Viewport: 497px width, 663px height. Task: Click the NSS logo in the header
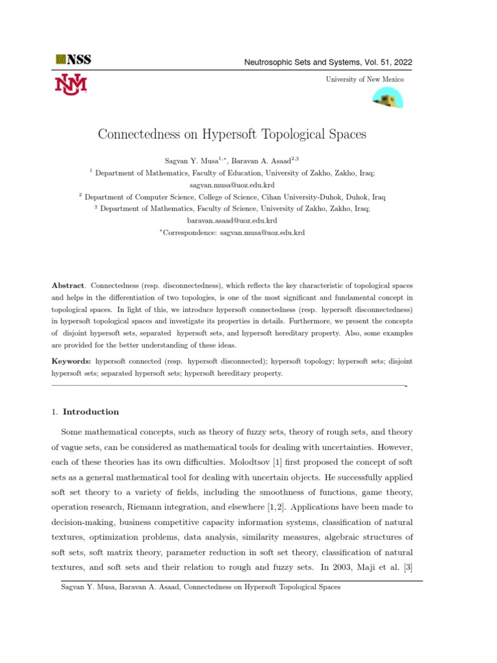click(73, 60)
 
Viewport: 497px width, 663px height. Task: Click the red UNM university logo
click(71, 84)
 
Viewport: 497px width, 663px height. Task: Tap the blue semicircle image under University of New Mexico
click(388, 98)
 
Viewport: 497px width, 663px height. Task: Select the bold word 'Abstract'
click(68, 285)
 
